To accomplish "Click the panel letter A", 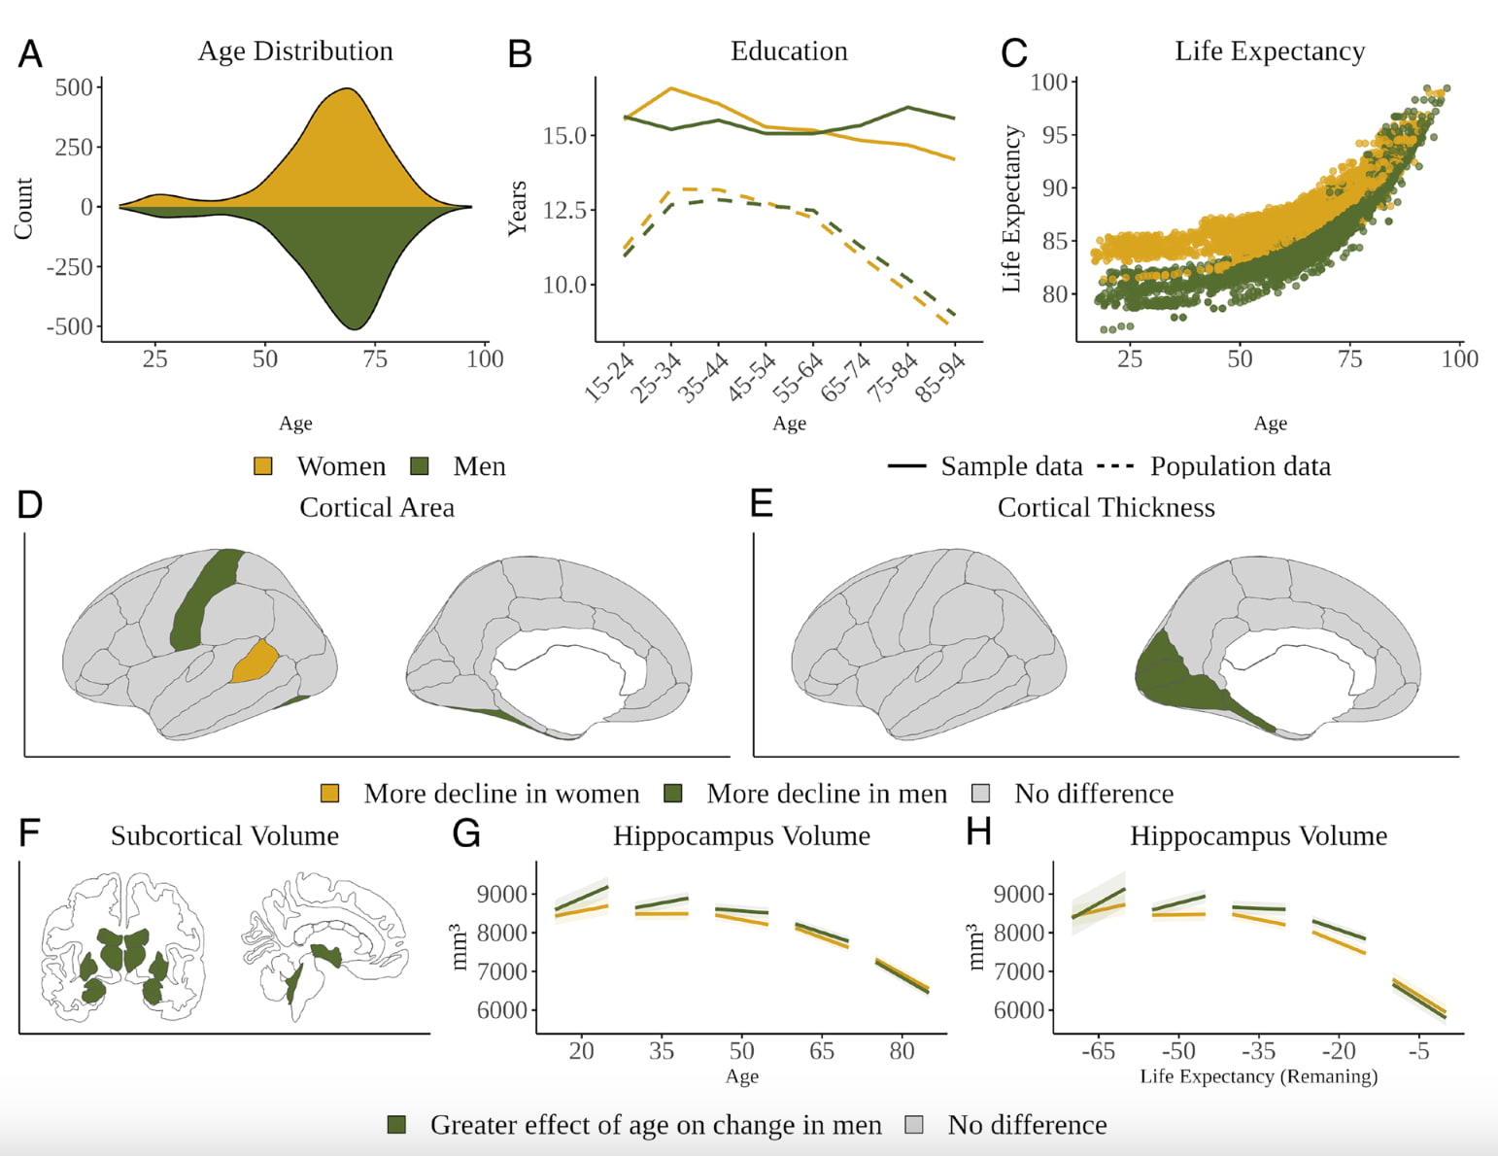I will pos(30,53).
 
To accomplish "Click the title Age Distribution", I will pos(295,51).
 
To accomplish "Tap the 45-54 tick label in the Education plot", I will pos(752,377).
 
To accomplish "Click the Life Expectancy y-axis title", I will pos(1011,209).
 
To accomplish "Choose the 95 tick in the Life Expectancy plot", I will pos(1055,135).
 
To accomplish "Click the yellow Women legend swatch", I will pos(263,466).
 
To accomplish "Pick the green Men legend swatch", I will pos(420,466).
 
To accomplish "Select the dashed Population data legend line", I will pos(1115,466).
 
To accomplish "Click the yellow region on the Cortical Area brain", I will pos(255,662).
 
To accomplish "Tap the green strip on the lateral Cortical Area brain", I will pos(204,597).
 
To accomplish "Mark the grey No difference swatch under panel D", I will pos(981,794).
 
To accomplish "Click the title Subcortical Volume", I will pos(224,835).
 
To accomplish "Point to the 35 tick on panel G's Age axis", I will pos(662,1050).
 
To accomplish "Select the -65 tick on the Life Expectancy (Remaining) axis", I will pos(1098,1050).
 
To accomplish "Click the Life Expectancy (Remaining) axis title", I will pos(1258,1076).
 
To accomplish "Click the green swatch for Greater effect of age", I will pos(396,1125).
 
